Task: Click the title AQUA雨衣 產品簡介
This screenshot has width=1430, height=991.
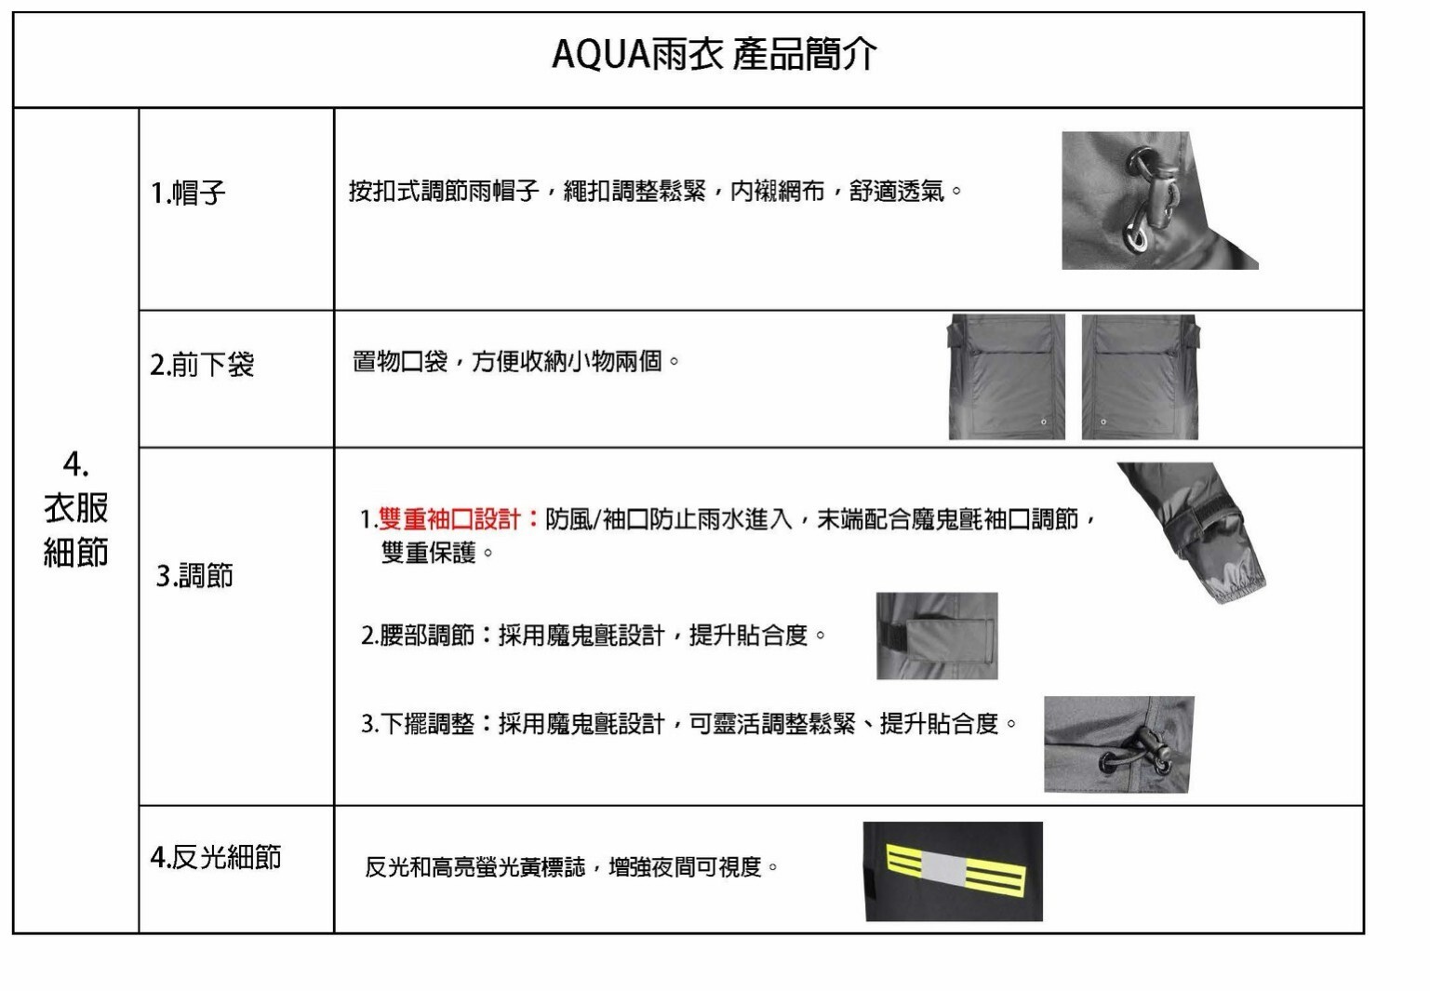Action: pyautogui.click(x=715, y=54)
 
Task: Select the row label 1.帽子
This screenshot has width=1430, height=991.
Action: pyautogui.click(x=188, y=193)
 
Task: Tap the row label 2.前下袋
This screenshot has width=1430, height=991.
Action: pyautogui.click(x=202, y=365)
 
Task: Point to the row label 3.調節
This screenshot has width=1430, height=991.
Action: pyautogui.click(x=194, y=575)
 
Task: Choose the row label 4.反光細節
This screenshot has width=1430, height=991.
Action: pyautogui.click(x=216, y=857)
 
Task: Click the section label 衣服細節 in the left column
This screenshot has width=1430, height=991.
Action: pyautogui.click(x=76, y=530)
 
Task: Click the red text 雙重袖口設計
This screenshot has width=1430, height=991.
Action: pyautogui.click(x=449, y=519)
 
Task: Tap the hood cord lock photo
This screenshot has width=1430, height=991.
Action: pyautogui.click(x=1160, y=200)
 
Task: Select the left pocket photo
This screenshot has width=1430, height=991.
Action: pyautogui.click(x=1006, y=377)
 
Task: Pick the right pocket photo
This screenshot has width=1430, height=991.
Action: pyautogui.click(x=1141, y=377)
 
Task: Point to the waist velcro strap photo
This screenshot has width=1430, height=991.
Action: pyautogui.click(x=937, y=636)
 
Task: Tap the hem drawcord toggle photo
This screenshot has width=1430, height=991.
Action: pyautogui.click(x=1119, y=744)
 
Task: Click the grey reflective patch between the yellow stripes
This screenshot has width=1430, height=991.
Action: pyautogui.click(x=943, y=868)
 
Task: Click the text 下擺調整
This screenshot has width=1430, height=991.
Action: pyautogui.click(x=427, y=723)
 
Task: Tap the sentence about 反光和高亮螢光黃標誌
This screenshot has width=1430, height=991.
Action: pyautogui.click(x=571, y=867)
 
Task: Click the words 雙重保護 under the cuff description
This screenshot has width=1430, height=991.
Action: pyautogui.click(x=428, y=553)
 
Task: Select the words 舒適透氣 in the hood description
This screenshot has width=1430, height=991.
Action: pyautogui.click(x=896, y=191)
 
